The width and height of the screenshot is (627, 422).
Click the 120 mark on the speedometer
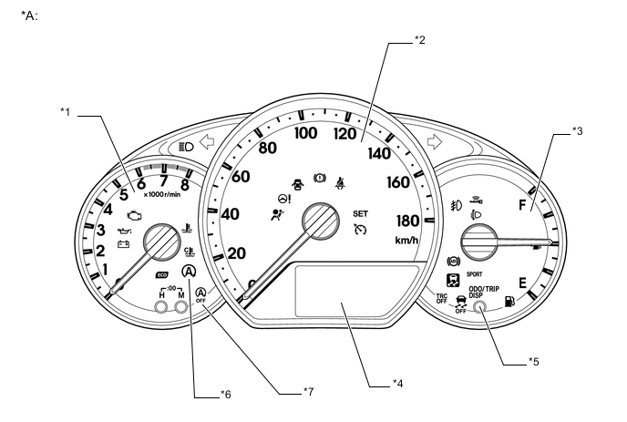coord(344,135)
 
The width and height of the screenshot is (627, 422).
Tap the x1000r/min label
coord(161,193)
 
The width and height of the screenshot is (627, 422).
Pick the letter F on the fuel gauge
coord(525,206)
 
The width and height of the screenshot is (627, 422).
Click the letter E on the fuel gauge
coord(522,283)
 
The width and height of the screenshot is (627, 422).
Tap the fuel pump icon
coord(509,300)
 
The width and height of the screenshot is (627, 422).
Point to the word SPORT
coord(475,273)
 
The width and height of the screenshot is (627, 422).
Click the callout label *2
coord(419,38)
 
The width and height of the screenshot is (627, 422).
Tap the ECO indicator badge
coord(161,273)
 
